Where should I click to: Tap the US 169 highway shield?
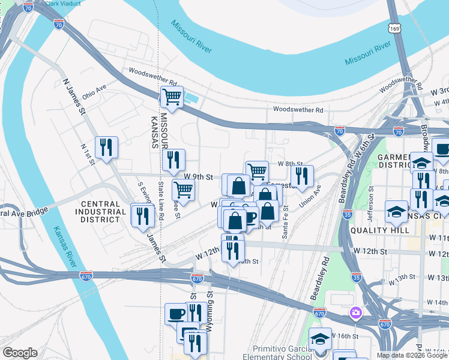click(x=394, y=28)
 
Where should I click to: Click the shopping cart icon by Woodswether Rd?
click(x=172, y=96)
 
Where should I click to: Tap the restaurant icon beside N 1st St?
click(x=106, y=146)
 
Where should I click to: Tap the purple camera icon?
click(x=355, y=312)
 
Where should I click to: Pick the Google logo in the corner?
click(x=20, y=353)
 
